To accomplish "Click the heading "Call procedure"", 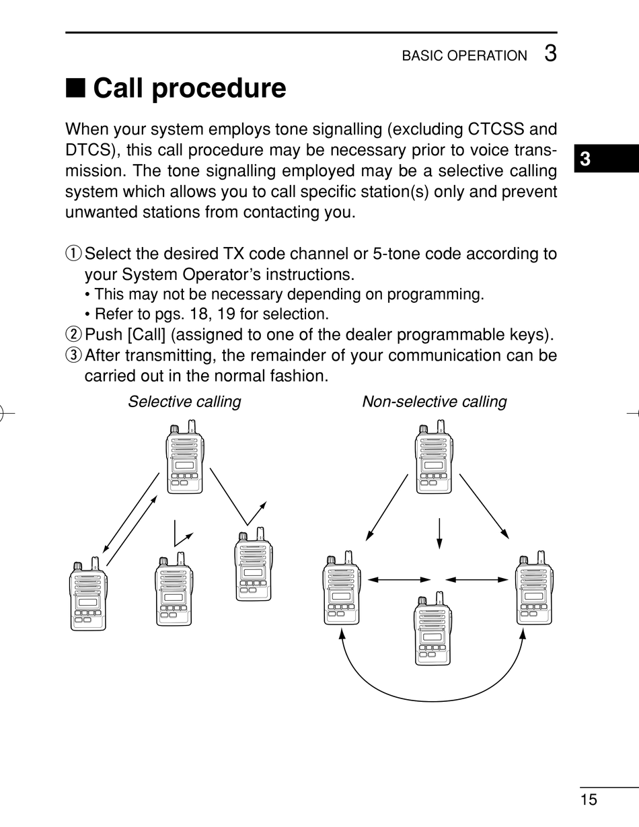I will click(x=189, y=88).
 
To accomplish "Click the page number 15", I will click(x=589, y=799).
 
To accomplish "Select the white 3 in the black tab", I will click(x=585, y=159).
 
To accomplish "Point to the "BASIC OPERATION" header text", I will click(x=464, y=56).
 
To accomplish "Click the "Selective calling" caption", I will click(x=184, y=402).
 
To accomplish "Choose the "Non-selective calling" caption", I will click(x=434, y=402).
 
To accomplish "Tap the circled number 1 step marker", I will click(x=73, y=254).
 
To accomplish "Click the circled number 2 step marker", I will click(x=73, y=334).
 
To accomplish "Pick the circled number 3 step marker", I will click(x=73, y=355).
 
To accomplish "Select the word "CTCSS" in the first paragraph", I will click(x=497, y=129).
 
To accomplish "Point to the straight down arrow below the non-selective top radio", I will click(x=439, y=532).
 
